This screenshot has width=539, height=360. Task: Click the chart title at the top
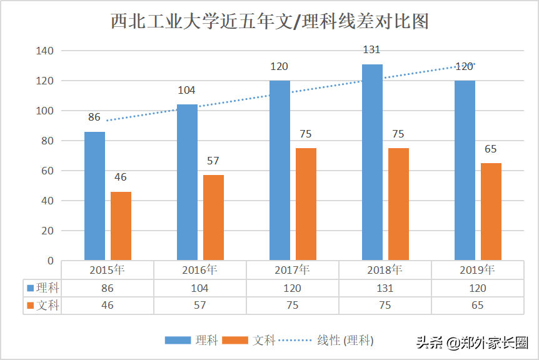[x=269, y=21]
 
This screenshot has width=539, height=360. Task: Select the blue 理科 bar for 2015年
[x=95, y=196]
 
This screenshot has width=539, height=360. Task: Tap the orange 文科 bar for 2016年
[x=213, y=217]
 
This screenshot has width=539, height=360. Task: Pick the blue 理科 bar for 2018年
[x=372, y=162]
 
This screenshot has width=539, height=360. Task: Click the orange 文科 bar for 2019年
[x=491, y=211]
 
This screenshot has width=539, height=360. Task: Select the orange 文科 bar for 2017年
[x=306, y=204]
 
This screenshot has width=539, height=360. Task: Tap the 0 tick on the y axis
[x=51, y=261]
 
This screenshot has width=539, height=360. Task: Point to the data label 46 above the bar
[x=120, y=177]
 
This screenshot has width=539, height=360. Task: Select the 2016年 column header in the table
[x=199, y=270]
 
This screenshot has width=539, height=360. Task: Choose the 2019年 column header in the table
[x=477, y=270]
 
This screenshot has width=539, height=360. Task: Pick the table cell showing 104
[x=199, y=288]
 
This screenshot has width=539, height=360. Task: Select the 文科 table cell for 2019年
[x=477, y=306]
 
